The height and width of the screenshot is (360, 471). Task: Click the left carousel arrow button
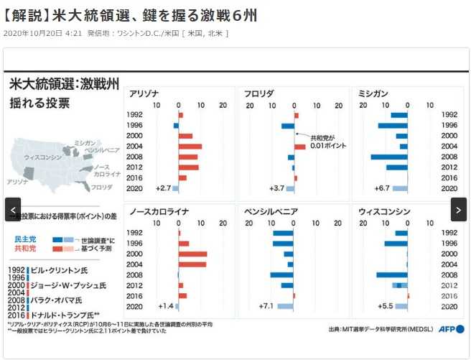[12, 209]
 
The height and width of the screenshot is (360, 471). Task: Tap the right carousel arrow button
[458, 209]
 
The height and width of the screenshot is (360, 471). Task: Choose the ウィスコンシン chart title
[385, 212]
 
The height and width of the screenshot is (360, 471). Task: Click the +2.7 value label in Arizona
[163, 188]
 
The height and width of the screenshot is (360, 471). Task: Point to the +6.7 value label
[382, 188]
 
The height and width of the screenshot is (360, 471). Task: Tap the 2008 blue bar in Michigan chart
[388, 157]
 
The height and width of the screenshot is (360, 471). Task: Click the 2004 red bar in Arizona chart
[190, 147]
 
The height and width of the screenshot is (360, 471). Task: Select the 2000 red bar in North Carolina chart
[192, 254]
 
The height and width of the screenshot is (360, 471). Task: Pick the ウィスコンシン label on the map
[43, 156]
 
